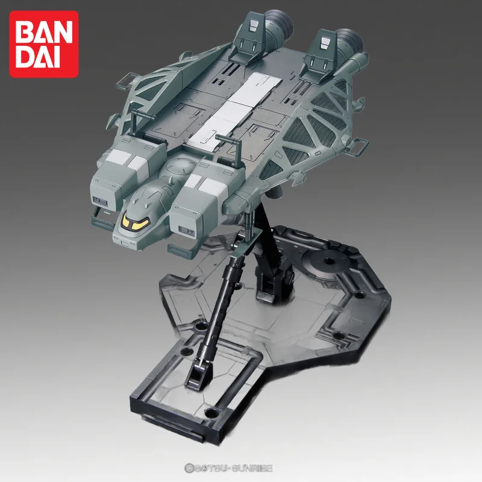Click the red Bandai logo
pyautogui.click(x=43, y=43)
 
